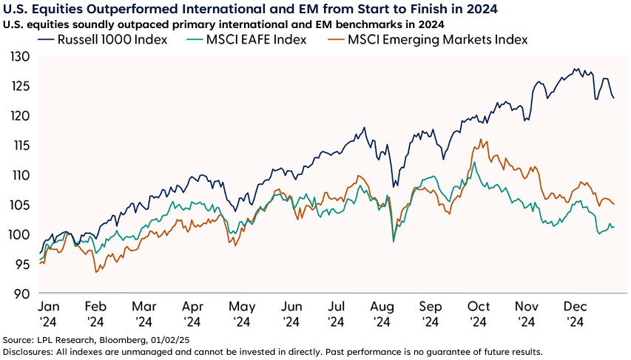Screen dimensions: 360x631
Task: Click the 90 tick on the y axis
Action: (22, 293)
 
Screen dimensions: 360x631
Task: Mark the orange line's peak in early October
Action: (481, 139)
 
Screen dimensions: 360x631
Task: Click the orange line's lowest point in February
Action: (96, 273)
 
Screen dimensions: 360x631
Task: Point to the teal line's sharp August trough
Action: (393, 242)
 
